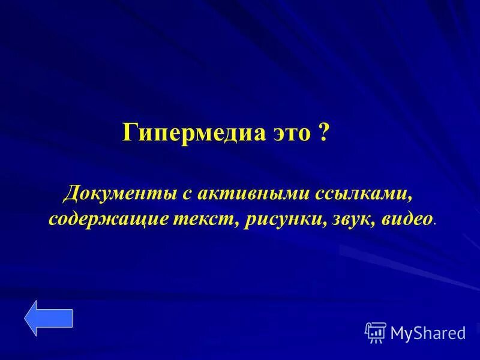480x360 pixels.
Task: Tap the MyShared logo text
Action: pyautogui.click(x=428, y=332)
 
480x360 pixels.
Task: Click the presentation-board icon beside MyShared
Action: pyautogui.click(x=376, y=332)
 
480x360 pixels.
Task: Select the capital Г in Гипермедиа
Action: pyautogui.click(x=130, y=132)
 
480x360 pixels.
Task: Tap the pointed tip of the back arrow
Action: pyautogui.click(x=26, y=317)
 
